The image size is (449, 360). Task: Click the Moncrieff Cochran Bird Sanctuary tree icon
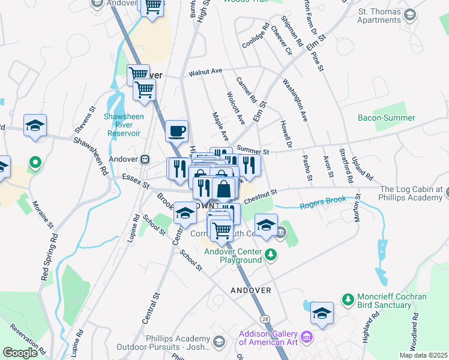[x=347, y=298]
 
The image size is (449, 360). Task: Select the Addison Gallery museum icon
[x=307, y=338]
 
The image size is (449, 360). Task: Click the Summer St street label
[x=252, y=149]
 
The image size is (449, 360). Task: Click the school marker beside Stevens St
[x=35, y=126]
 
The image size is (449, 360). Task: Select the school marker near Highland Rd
[x=322, y=313]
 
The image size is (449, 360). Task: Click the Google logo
[x=20, y=353]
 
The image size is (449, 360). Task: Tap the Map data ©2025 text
[x=423, y=355]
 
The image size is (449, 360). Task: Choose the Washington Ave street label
[x=295, y=100]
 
